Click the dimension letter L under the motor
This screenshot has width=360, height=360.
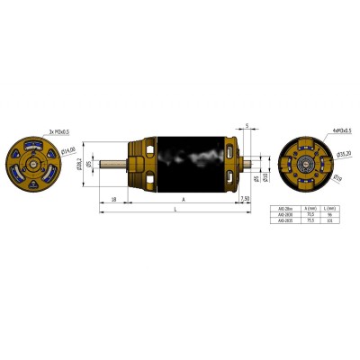coord(174,209)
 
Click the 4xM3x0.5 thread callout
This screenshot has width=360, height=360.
coord(321,131)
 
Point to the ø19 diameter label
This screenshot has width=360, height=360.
coord(338,177)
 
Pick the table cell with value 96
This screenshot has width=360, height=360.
coord(331,216)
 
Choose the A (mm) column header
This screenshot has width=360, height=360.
coord(311,210)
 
